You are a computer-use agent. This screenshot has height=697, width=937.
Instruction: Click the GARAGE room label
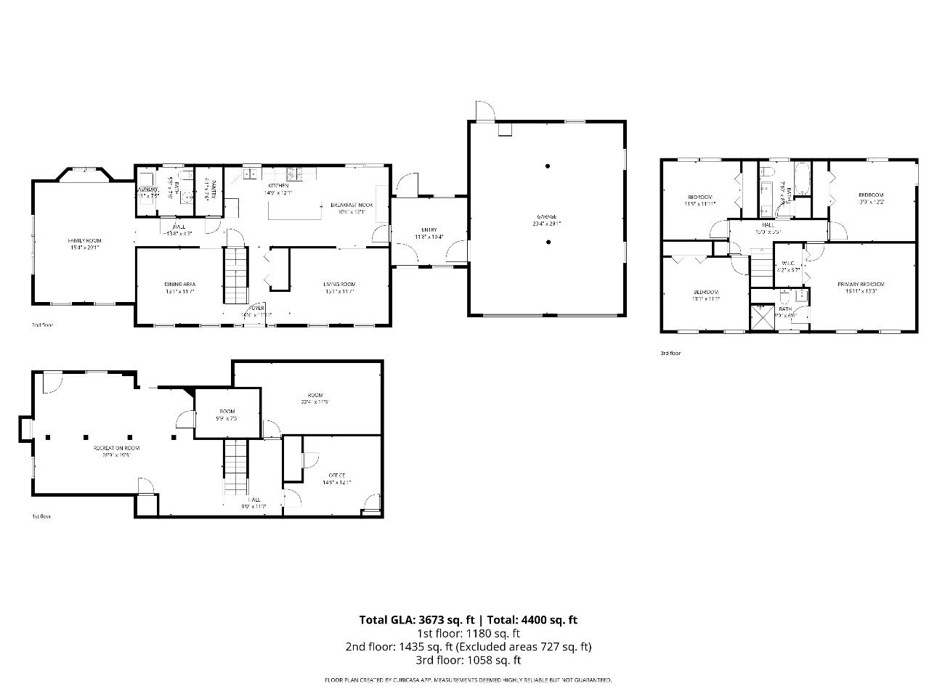coord(547,216)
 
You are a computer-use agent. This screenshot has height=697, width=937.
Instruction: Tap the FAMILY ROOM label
coord(84,240)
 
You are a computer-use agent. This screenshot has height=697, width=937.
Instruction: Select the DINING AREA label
coord(179,284)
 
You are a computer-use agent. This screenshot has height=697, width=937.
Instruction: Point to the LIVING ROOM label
coord(339,284)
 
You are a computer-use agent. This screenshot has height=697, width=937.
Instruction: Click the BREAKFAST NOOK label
coord(352,205)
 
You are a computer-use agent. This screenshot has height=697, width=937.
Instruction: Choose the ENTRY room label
coord(429,230)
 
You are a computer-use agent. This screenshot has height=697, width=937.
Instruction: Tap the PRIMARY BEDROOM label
coord(861,285)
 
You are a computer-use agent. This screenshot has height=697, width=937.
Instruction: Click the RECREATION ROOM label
coord(116,448)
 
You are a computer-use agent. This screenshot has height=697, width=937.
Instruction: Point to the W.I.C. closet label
coord(788,264)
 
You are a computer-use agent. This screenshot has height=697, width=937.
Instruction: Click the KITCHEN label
coord(279,186)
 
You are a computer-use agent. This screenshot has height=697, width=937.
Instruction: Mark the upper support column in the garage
coord(548,166)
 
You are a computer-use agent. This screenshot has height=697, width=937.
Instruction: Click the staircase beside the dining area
coord(235,275)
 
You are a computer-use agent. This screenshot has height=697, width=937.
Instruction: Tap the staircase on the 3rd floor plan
coord(760,269)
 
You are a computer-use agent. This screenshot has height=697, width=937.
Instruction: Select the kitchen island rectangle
coord(295,210)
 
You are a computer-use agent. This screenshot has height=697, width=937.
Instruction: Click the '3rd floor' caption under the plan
coord(670,354)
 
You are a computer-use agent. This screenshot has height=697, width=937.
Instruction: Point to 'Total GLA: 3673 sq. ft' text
coord(416,619)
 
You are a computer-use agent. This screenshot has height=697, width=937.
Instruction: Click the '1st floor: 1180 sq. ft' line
coord(468,633)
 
